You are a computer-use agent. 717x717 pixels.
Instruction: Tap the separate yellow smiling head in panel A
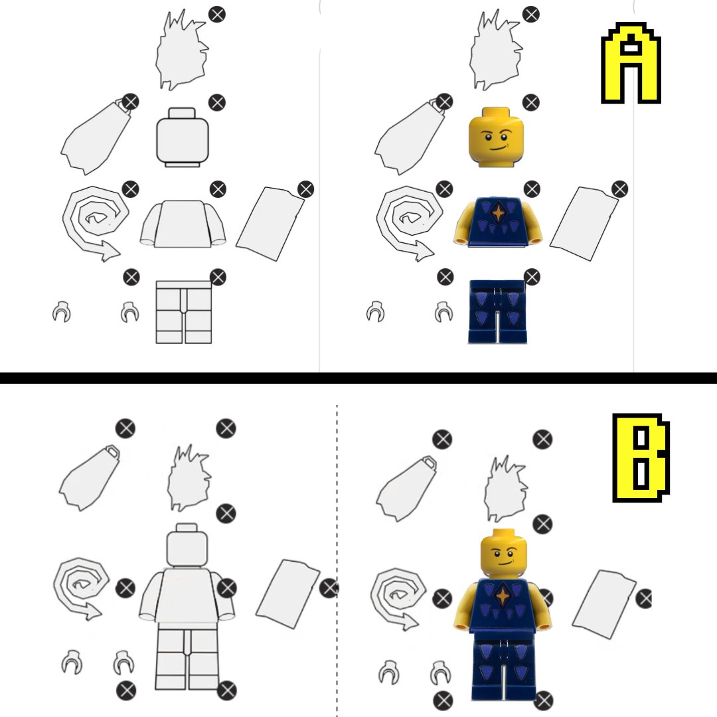coord(496,137)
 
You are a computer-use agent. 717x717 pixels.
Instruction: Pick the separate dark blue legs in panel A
coord(497,312)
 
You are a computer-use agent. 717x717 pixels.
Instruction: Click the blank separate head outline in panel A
coord(183,137)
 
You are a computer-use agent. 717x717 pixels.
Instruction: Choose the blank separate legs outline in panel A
coord(184,312)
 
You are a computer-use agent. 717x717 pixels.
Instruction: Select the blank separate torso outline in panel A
coord(183,224)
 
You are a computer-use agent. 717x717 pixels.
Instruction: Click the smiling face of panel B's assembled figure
coord(504,554)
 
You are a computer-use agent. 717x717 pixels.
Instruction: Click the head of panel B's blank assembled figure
coord(187,546)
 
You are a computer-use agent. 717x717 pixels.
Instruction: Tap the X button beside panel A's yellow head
coord(531,102)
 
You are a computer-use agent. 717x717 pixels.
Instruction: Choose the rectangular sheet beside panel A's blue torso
coord(584,223)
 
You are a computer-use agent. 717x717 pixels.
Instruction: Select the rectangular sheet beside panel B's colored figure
coord(603,603)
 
